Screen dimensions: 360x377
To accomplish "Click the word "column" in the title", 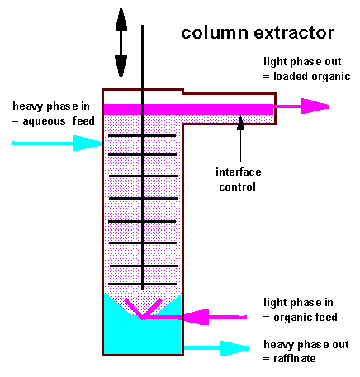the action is coord(216,33).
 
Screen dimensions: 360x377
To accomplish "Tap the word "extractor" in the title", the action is coord(294,33).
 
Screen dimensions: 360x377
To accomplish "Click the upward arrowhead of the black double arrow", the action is coord(121,19).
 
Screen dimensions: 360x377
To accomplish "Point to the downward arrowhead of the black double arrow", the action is coord(121,65).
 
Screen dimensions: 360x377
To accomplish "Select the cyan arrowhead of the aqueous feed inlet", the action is coord(88,143).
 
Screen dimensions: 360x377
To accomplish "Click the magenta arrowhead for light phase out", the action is coord(315,106).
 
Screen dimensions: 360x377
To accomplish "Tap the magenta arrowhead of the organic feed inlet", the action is coord(196,317).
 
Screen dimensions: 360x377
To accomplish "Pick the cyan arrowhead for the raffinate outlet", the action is coord(234,348).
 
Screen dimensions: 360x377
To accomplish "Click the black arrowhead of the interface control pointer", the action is coord(240,122).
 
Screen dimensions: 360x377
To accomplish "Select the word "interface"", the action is coord(239,172).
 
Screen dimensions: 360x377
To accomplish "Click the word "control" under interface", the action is coord(237,187).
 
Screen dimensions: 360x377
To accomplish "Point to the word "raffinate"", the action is coord(295,359).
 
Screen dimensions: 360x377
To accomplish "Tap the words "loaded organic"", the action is coord(312,76).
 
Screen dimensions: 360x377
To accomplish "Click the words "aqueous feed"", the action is coord(59,121).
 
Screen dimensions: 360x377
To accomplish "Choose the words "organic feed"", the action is coord(306,318).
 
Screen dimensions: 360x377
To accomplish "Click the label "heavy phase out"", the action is coord(306,344).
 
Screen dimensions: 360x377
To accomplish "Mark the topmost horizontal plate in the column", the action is coord(142,135).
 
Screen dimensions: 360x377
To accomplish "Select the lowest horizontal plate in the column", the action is coord(143,284).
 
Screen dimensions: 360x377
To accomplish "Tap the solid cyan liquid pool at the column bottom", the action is coord(142,337).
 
